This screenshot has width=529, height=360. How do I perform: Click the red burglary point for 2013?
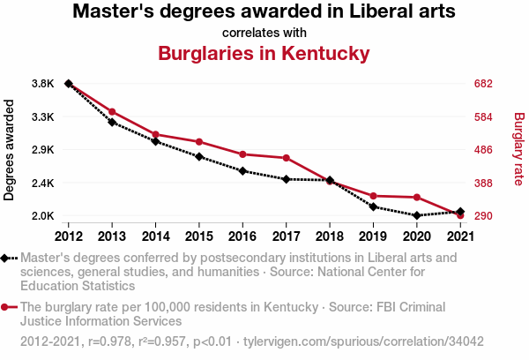112,112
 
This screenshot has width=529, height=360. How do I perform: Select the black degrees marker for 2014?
155,141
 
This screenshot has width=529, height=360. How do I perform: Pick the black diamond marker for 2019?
373,206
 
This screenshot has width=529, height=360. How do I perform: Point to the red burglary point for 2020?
416,198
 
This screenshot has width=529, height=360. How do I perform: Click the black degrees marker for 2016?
242,171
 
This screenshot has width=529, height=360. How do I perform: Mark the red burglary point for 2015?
199,142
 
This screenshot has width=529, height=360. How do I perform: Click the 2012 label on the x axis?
69,236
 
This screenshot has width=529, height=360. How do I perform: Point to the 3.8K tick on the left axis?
42,84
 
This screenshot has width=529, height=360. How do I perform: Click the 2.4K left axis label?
42,183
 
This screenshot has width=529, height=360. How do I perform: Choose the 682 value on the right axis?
482,84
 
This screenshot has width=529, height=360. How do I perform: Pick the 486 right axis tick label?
482,150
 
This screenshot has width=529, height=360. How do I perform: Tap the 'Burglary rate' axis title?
518,150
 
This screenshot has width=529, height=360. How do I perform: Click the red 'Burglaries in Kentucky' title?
264,53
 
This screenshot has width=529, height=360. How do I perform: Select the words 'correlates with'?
264,33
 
